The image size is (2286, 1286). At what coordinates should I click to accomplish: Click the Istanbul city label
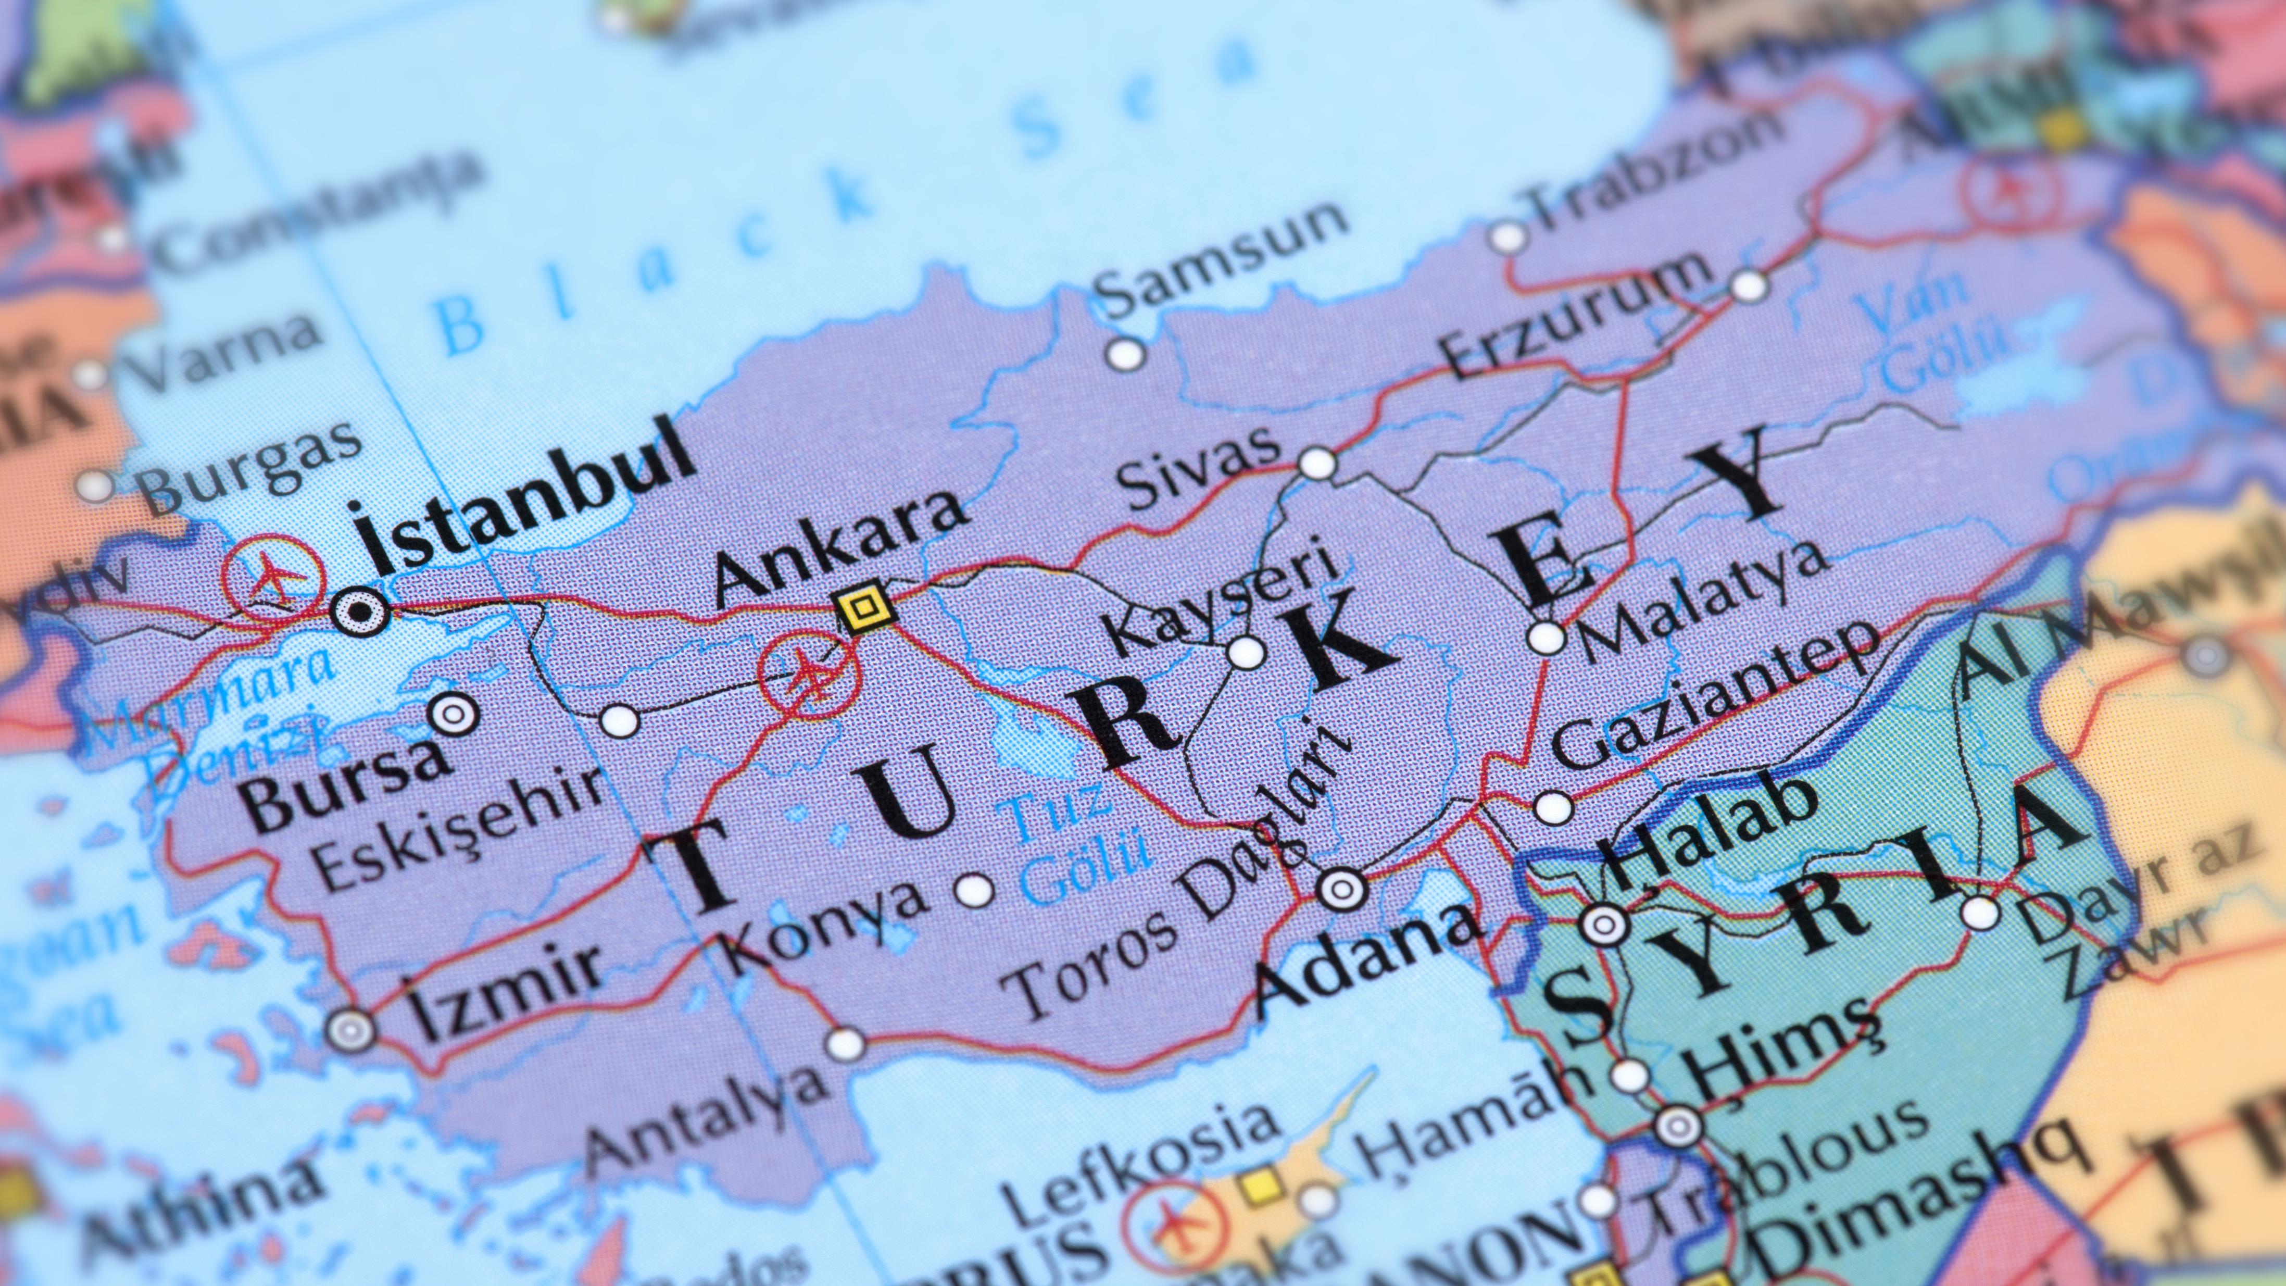point(523,497)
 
